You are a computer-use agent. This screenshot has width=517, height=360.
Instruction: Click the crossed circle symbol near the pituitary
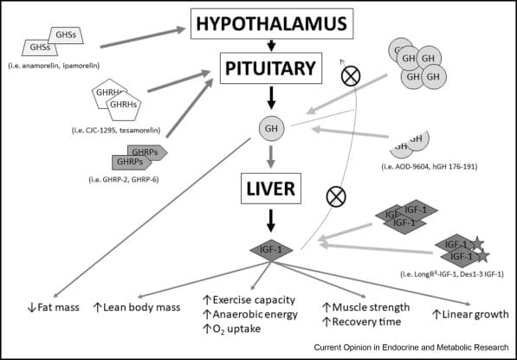[352, 76]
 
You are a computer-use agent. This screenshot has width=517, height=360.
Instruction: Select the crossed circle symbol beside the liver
[335, 197]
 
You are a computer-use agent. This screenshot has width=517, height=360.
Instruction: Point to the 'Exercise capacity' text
[247, 299]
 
